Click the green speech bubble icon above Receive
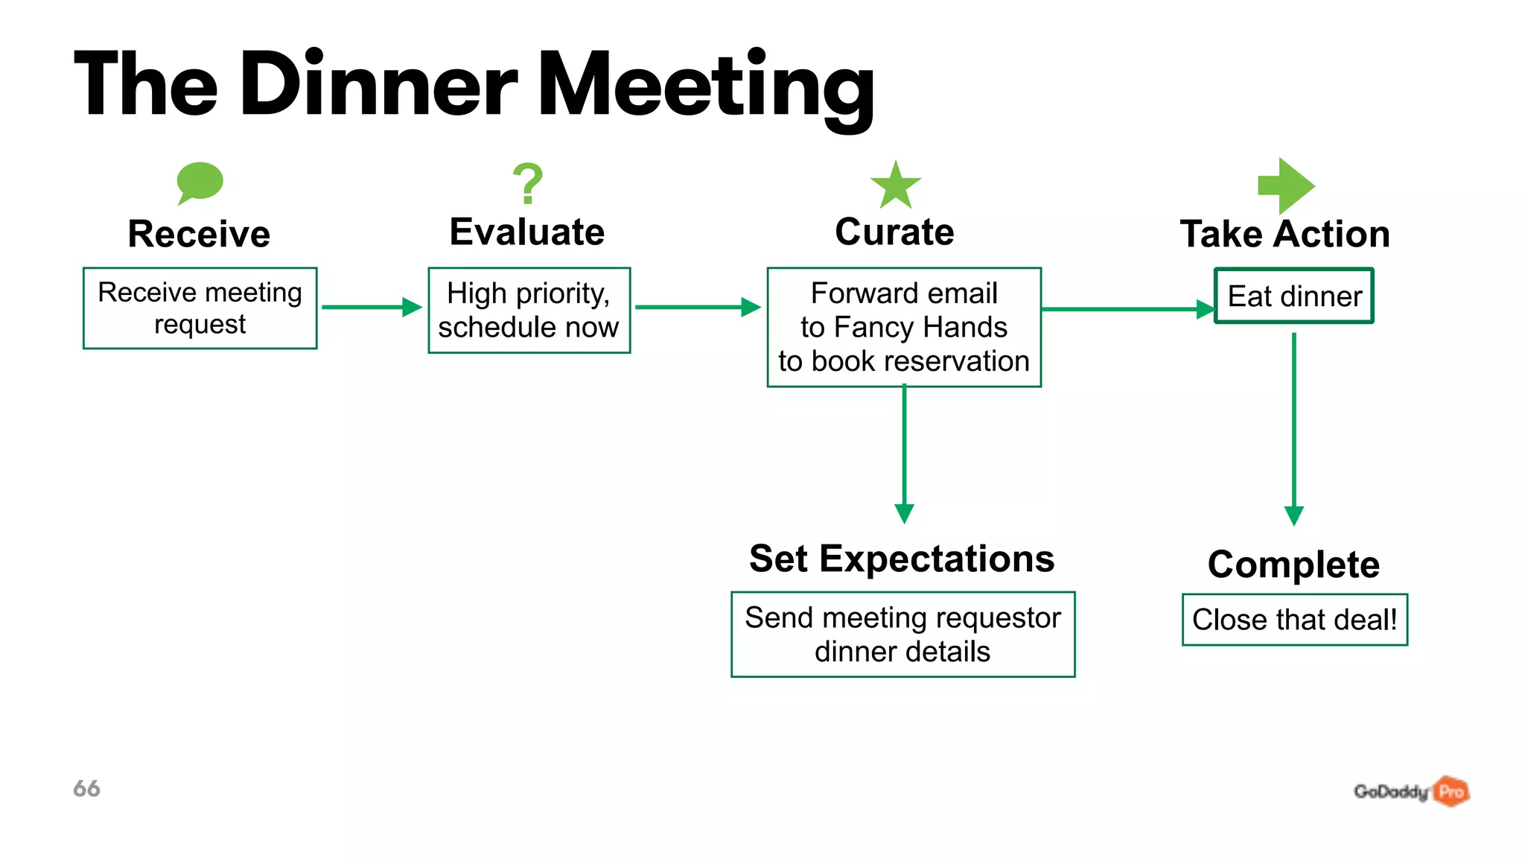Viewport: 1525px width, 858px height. (x=200, y=182)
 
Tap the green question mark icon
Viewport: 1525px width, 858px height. (x=528, y=183)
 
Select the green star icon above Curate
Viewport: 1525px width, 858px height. (x=896, y=185)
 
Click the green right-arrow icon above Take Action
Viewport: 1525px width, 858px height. (x=1286, y=185)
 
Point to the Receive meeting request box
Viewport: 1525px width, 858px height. (x=200, y=308)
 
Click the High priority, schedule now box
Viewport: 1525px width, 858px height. (x=529, y=310)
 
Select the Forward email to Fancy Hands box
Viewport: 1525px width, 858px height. (x=903, y=327)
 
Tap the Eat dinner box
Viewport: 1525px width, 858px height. (x=1293, y=296)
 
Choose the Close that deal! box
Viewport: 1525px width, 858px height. (x=1294, y=620)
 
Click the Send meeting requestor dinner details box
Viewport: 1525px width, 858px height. (x=902, y=635)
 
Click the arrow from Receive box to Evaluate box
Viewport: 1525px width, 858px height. (x=372, y=307)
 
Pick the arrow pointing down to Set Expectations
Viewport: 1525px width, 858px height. (x=904, y=454)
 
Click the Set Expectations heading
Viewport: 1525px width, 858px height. (x=902, y=559)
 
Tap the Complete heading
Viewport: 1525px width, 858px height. (x=1293, y=565)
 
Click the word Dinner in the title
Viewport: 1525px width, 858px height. (x=378, y=85)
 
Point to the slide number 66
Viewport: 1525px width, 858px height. (x=86, y=789)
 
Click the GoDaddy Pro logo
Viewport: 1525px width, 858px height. (x=1410, y=791)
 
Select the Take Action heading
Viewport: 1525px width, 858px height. (x=1284, y=234)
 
